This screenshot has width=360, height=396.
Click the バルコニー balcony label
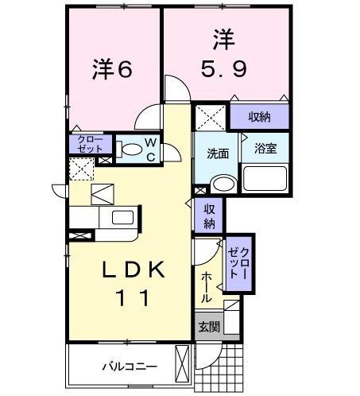[x=129, y=367]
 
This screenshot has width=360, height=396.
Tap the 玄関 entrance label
[x=208, y=326]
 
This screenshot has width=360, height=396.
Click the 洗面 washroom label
[x=219, y=153]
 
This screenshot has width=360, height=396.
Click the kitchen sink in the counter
[x=122, y=218]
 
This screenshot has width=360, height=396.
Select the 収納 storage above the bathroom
[x=259, y=117]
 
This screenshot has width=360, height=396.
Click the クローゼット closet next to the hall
[x=238, y=262]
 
